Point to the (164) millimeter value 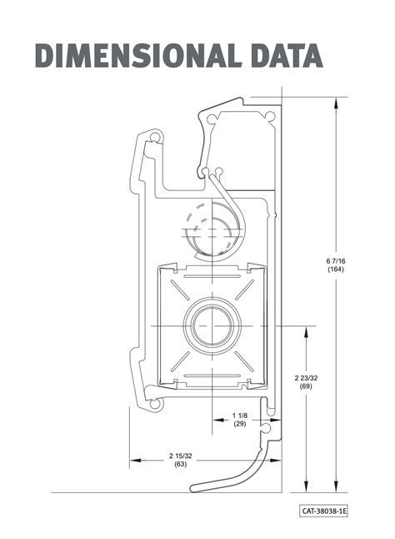[336, 269]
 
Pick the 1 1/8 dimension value [241, 416]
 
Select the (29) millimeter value [241, 425]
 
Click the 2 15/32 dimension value [180, 455]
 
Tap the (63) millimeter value [180, 463]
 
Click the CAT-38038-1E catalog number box [324, 508]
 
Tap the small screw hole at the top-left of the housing [154, 135]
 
